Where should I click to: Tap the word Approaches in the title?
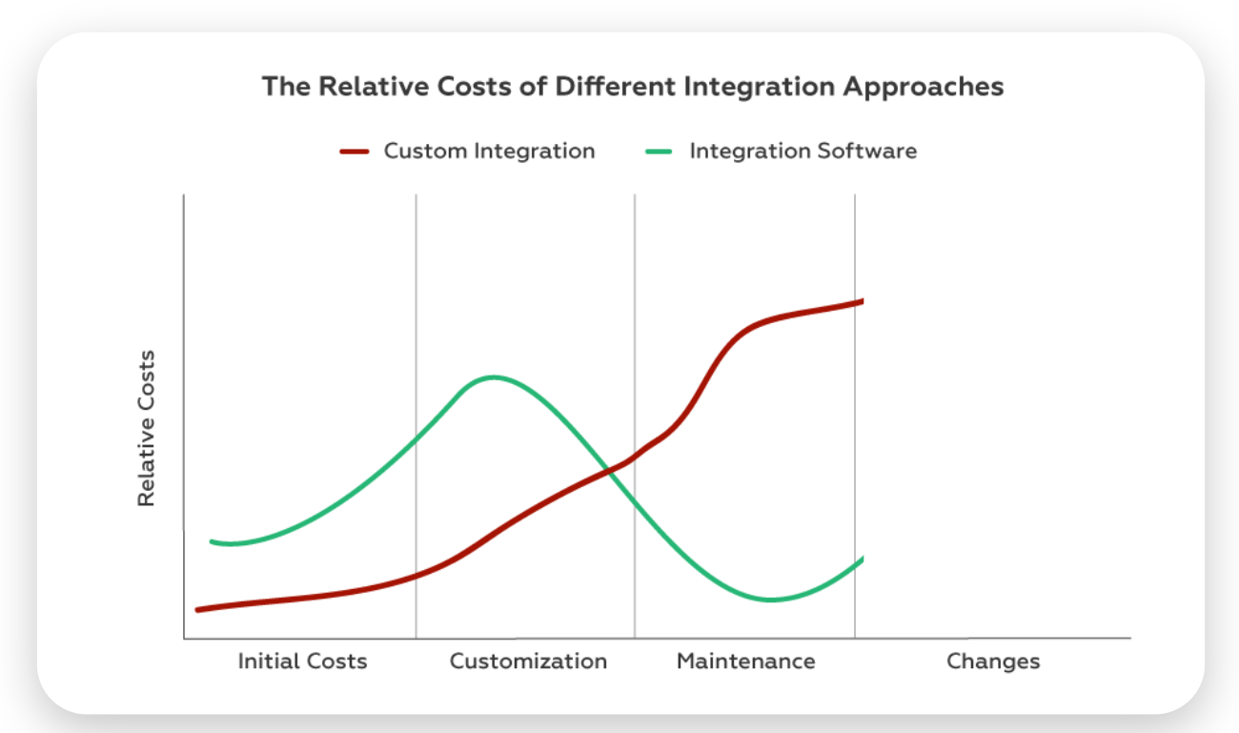click(925, 87)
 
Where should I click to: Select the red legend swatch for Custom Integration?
click(354, 151)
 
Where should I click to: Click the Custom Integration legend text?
click(489, 151)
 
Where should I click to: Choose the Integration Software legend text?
click(802, 151)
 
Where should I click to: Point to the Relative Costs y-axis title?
click(146, 429)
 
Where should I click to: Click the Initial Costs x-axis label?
click(302, 661)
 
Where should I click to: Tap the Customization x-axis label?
click(528, 661)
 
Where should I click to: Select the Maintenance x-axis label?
click(745, 661)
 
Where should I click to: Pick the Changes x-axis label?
click(993, 661)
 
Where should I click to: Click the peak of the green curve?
click(493, 377)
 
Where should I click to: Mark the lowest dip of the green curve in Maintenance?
click(772, 600)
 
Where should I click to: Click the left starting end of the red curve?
click(198, 609)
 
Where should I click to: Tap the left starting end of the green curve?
click(213, 541)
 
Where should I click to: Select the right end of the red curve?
click(861, 301)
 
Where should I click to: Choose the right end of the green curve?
click(861, 560)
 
